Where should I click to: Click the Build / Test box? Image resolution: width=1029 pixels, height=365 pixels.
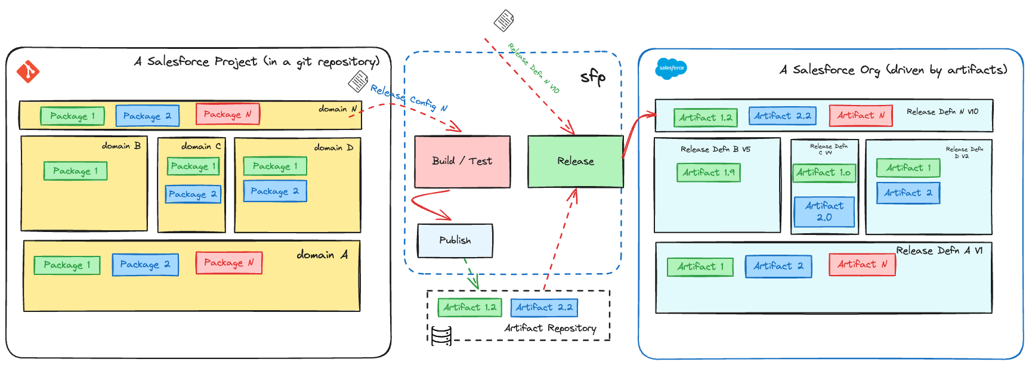pyautogui.click(x=462, y=162)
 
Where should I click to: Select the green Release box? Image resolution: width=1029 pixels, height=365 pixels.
pyautogui.click(x=575, y=162)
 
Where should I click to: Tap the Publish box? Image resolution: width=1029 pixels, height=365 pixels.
pyautogui.click(x=455, y=240)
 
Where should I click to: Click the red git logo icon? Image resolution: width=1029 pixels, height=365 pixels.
pyautogui.click(x=27, y=72)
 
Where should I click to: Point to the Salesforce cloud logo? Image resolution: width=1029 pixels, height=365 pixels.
pyautogui.click(x=671, y=69)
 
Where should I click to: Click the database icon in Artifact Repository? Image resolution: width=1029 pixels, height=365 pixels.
pyautogui.click(x=441, y=336)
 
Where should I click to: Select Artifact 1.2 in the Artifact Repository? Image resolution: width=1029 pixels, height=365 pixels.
pyautogui.click(x=469, y=308)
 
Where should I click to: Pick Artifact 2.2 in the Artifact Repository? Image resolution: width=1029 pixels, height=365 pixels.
pyautogui.click(x=544, y=308)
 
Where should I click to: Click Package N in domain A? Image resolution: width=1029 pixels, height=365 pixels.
pyautogui.click(x=229, y=263)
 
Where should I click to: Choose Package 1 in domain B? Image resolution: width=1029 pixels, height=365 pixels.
pyautogui.click(x=75, y=171)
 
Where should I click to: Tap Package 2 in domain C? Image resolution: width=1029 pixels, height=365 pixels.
pyautogui.click(x=193, y=194)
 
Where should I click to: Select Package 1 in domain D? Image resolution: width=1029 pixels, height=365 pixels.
pyautogui.click(x=275, y=166)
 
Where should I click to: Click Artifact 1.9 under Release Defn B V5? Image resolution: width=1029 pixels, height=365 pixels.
pyautogui.click(x=709, y=173)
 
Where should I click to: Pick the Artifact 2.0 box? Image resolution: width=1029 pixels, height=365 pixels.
pyautogui.click(x=824, y=212)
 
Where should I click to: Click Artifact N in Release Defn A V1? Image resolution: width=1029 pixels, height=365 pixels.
pyautogui.click(x=862, y=264)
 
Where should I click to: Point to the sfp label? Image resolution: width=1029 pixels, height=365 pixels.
pyautogui.click(x=593, y=77)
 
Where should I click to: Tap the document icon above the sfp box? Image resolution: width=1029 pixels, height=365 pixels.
pyautogui.click(x=504, y=21)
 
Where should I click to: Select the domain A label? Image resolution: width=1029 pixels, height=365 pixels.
pyautogui.click(x=322, y=255)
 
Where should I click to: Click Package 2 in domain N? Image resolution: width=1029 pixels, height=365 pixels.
pyautogui.click(x=147, y=116)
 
